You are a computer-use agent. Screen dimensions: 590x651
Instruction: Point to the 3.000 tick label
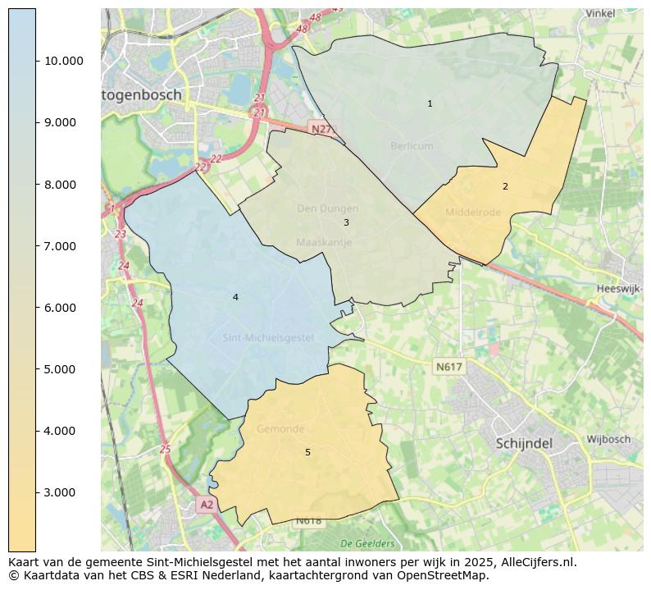tap(59, 492)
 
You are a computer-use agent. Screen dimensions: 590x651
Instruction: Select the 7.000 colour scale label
tap(59, 246)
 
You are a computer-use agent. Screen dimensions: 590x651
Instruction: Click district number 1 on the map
tap(430, 104)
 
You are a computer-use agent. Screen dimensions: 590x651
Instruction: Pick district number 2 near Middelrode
tap(505, 186)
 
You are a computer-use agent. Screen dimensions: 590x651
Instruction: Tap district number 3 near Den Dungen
tap(346, 222)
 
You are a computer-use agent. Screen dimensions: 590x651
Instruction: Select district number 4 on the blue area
tap(235, 297)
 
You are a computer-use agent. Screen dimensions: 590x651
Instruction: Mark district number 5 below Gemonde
tap(307, 452)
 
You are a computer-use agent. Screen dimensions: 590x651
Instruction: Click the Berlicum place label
tap(412, 146)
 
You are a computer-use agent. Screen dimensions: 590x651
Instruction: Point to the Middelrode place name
tap(472, 213)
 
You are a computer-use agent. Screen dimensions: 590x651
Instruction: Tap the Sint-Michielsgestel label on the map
tap(267, 338)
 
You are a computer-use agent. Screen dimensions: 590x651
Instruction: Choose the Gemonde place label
tap(280, 429)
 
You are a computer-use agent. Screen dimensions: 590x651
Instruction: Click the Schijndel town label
tap(524, 443)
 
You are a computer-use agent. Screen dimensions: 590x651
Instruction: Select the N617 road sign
tap(449, 367)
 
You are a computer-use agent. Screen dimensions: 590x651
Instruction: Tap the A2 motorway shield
tap(206, 505)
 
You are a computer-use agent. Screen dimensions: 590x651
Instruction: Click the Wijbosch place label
tap(608, 440)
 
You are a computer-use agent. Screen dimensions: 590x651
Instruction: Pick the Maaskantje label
tap(324, 243)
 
